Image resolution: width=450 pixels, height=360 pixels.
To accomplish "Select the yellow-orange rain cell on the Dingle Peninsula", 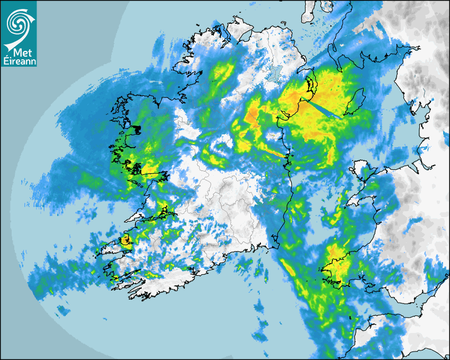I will pos(126,240).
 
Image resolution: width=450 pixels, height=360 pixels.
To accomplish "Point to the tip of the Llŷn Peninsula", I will pos(347,205).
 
